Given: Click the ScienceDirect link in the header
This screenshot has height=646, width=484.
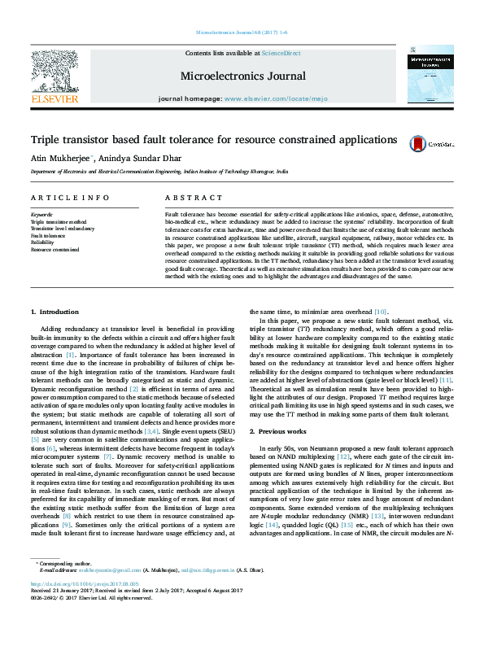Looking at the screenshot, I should pos(282,53).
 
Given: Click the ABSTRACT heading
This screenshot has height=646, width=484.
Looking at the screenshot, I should pos(183,198).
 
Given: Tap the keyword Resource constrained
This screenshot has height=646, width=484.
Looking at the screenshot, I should pos(54,248).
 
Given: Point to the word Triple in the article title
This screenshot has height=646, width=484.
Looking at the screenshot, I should pos(45,140).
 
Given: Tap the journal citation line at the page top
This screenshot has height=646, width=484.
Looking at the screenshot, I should pos(242,33).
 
